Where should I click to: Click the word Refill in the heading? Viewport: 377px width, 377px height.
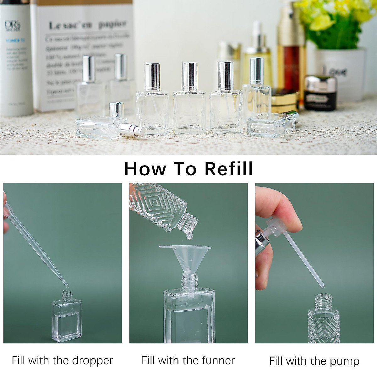point(228,169)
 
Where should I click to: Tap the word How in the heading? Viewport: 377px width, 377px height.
point(145,169)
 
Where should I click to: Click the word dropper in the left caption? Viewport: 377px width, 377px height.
point(92,361)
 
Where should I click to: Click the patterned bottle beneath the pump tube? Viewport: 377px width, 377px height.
point(324,320)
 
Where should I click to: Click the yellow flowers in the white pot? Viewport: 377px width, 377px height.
point(333,22)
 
